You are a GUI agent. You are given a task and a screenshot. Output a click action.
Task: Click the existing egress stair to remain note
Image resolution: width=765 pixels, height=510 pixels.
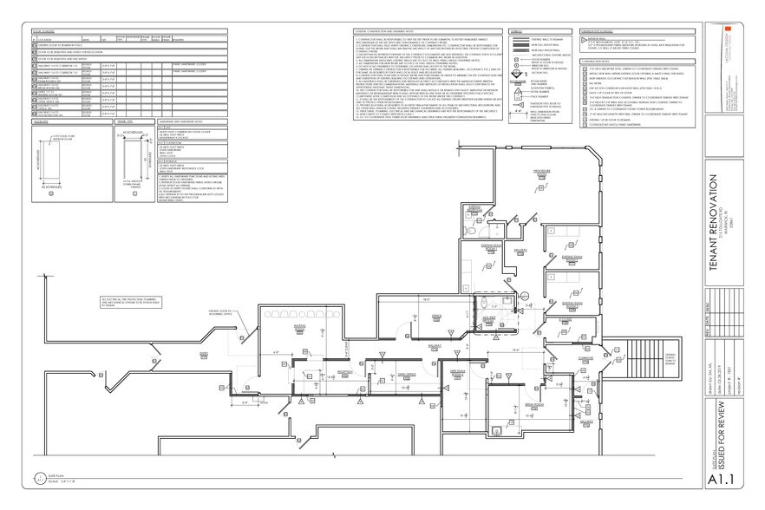click(670, 359)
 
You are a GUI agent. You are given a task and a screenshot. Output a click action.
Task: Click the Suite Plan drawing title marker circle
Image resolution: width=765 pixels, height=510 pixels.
click(39, 476)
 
